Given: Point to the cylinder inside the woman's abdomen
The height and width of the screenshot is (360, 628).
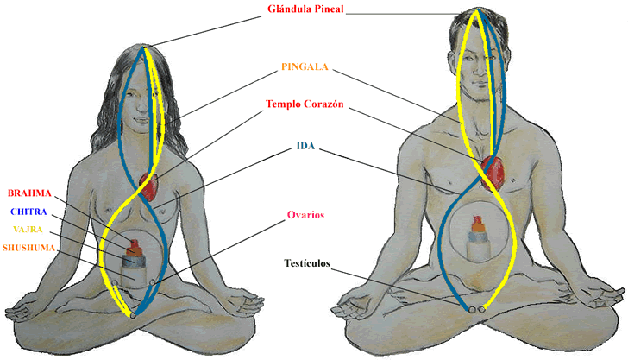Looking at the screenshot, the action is pos(134,260).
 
